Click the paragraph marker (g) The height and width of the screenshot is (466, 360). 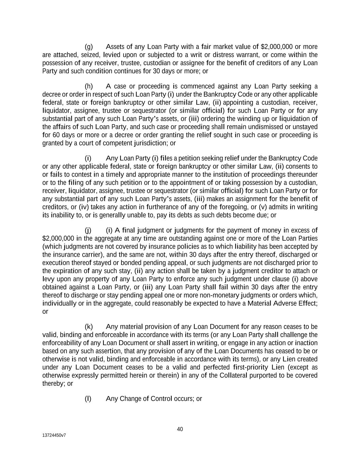click(88, 47)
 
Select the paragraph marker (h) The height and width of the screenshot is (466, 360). click(89, 86)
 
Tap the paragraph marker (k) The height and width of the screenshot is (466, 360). click(89, 327)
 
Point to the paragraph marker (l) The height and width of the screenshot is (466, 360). click(88, 399)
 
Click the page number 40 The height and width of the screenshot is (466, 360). click(180, 429)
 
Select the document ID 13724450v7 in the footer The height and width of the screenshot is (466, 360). click(54, 436)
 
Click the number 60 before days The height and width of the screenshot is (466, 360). click(56, 135)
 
